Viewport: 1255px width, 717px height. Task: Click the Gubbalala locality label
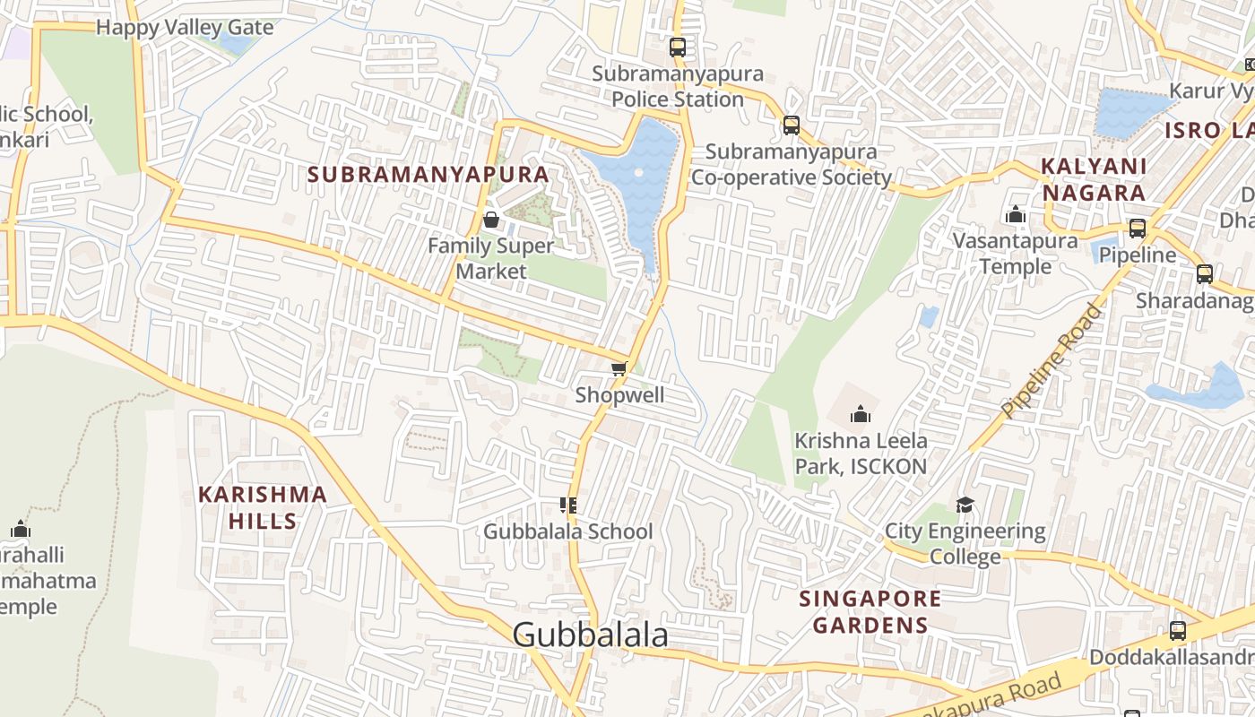(x=591, y=635)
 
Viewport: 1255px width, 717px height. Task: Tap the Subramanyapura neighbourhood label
(x=428, y=174)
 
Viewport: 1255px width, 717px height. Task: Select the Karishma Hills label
(x=262, y=507)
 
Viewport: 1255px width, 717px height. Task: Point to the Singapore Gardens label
(x=870, y=611)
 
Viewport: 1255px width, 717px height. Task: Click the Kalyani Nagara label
(x=1093, y=179)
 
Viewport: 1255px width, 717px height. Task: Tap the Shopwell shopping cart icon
(x=619, y=368)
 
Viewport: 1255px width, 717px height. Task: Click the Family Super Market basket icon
(x=490, y=220)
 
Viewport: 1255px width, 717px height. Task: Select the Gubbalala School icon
(x=567, y=505)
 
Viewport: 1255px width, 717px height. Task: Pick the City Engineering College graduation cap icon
(x=965, y=505)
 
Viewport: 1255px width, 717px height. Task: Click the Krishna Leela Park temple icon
(x=861, y=414)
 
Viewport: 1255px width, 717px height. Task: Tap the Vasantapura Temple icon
(x=1016, y=214)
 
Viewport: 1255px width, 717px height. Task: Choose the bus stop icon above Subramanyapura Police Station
(x=678, y=48)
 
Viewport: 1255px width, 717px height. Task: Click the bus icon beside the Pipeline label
(x=1138, y=229)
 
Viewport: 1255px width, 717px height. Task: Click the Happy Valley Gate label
(x=185, y=27)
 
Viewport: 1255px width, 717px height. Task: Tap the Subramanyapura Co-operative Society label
(x=791, y=164)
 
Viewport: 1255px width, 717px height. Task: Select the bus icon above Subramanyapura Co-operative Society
(x=791, y=125)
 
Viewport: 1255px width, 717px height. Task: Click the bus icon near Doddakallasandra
(x=1178, y=630)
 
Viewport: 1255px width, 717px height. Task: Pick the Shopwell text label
(x=619, y=395)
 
